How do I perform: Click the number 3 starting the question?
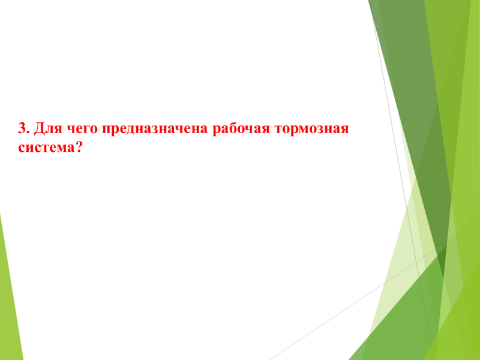[x=23, y=128]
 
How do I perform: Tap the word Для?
[x=46, y=129]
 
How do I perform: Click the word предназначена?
[x=155, y=129]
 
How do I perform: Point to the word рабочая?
[x=241, y=129]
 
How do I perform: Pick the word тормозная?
[x=312, y=130]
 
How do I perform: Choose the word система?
[x=46, y=148]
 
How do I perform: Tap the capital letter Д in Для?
[x=38, y=129]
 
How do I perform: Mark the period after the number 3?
[x=28, y=133]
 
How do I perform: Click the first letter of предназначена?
[x=107, y=130]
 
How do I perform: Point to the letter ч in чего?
[x=68, y=130]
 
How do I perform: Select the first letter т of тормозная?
[x=279, y=130]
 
